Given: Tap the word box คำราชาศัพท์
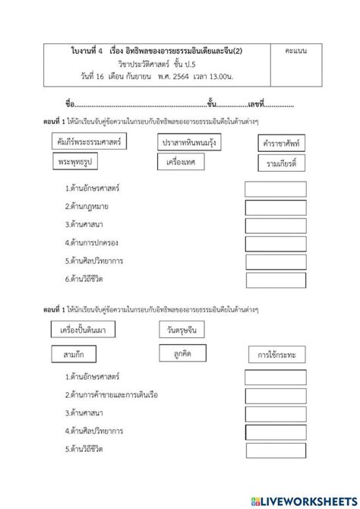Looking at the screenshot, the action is click(x=276, y=145).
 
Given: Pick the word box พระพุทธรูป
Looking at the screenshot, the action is click(x=77, y=162).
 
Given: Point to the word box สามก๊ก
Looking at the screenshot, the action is click(x=74, y=354).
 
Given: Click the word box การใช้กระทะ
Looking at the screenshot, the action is click(x=276, y=355).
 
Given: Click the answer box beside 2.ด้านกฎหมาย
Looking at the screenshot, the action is click(x=275, y=207).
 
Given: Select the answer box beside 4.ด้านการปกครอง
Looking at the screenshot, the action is click(x=275, y=242).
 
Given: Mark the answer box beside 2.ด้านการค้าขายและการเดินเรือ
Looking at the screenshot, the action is click(x=275, y=395).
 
